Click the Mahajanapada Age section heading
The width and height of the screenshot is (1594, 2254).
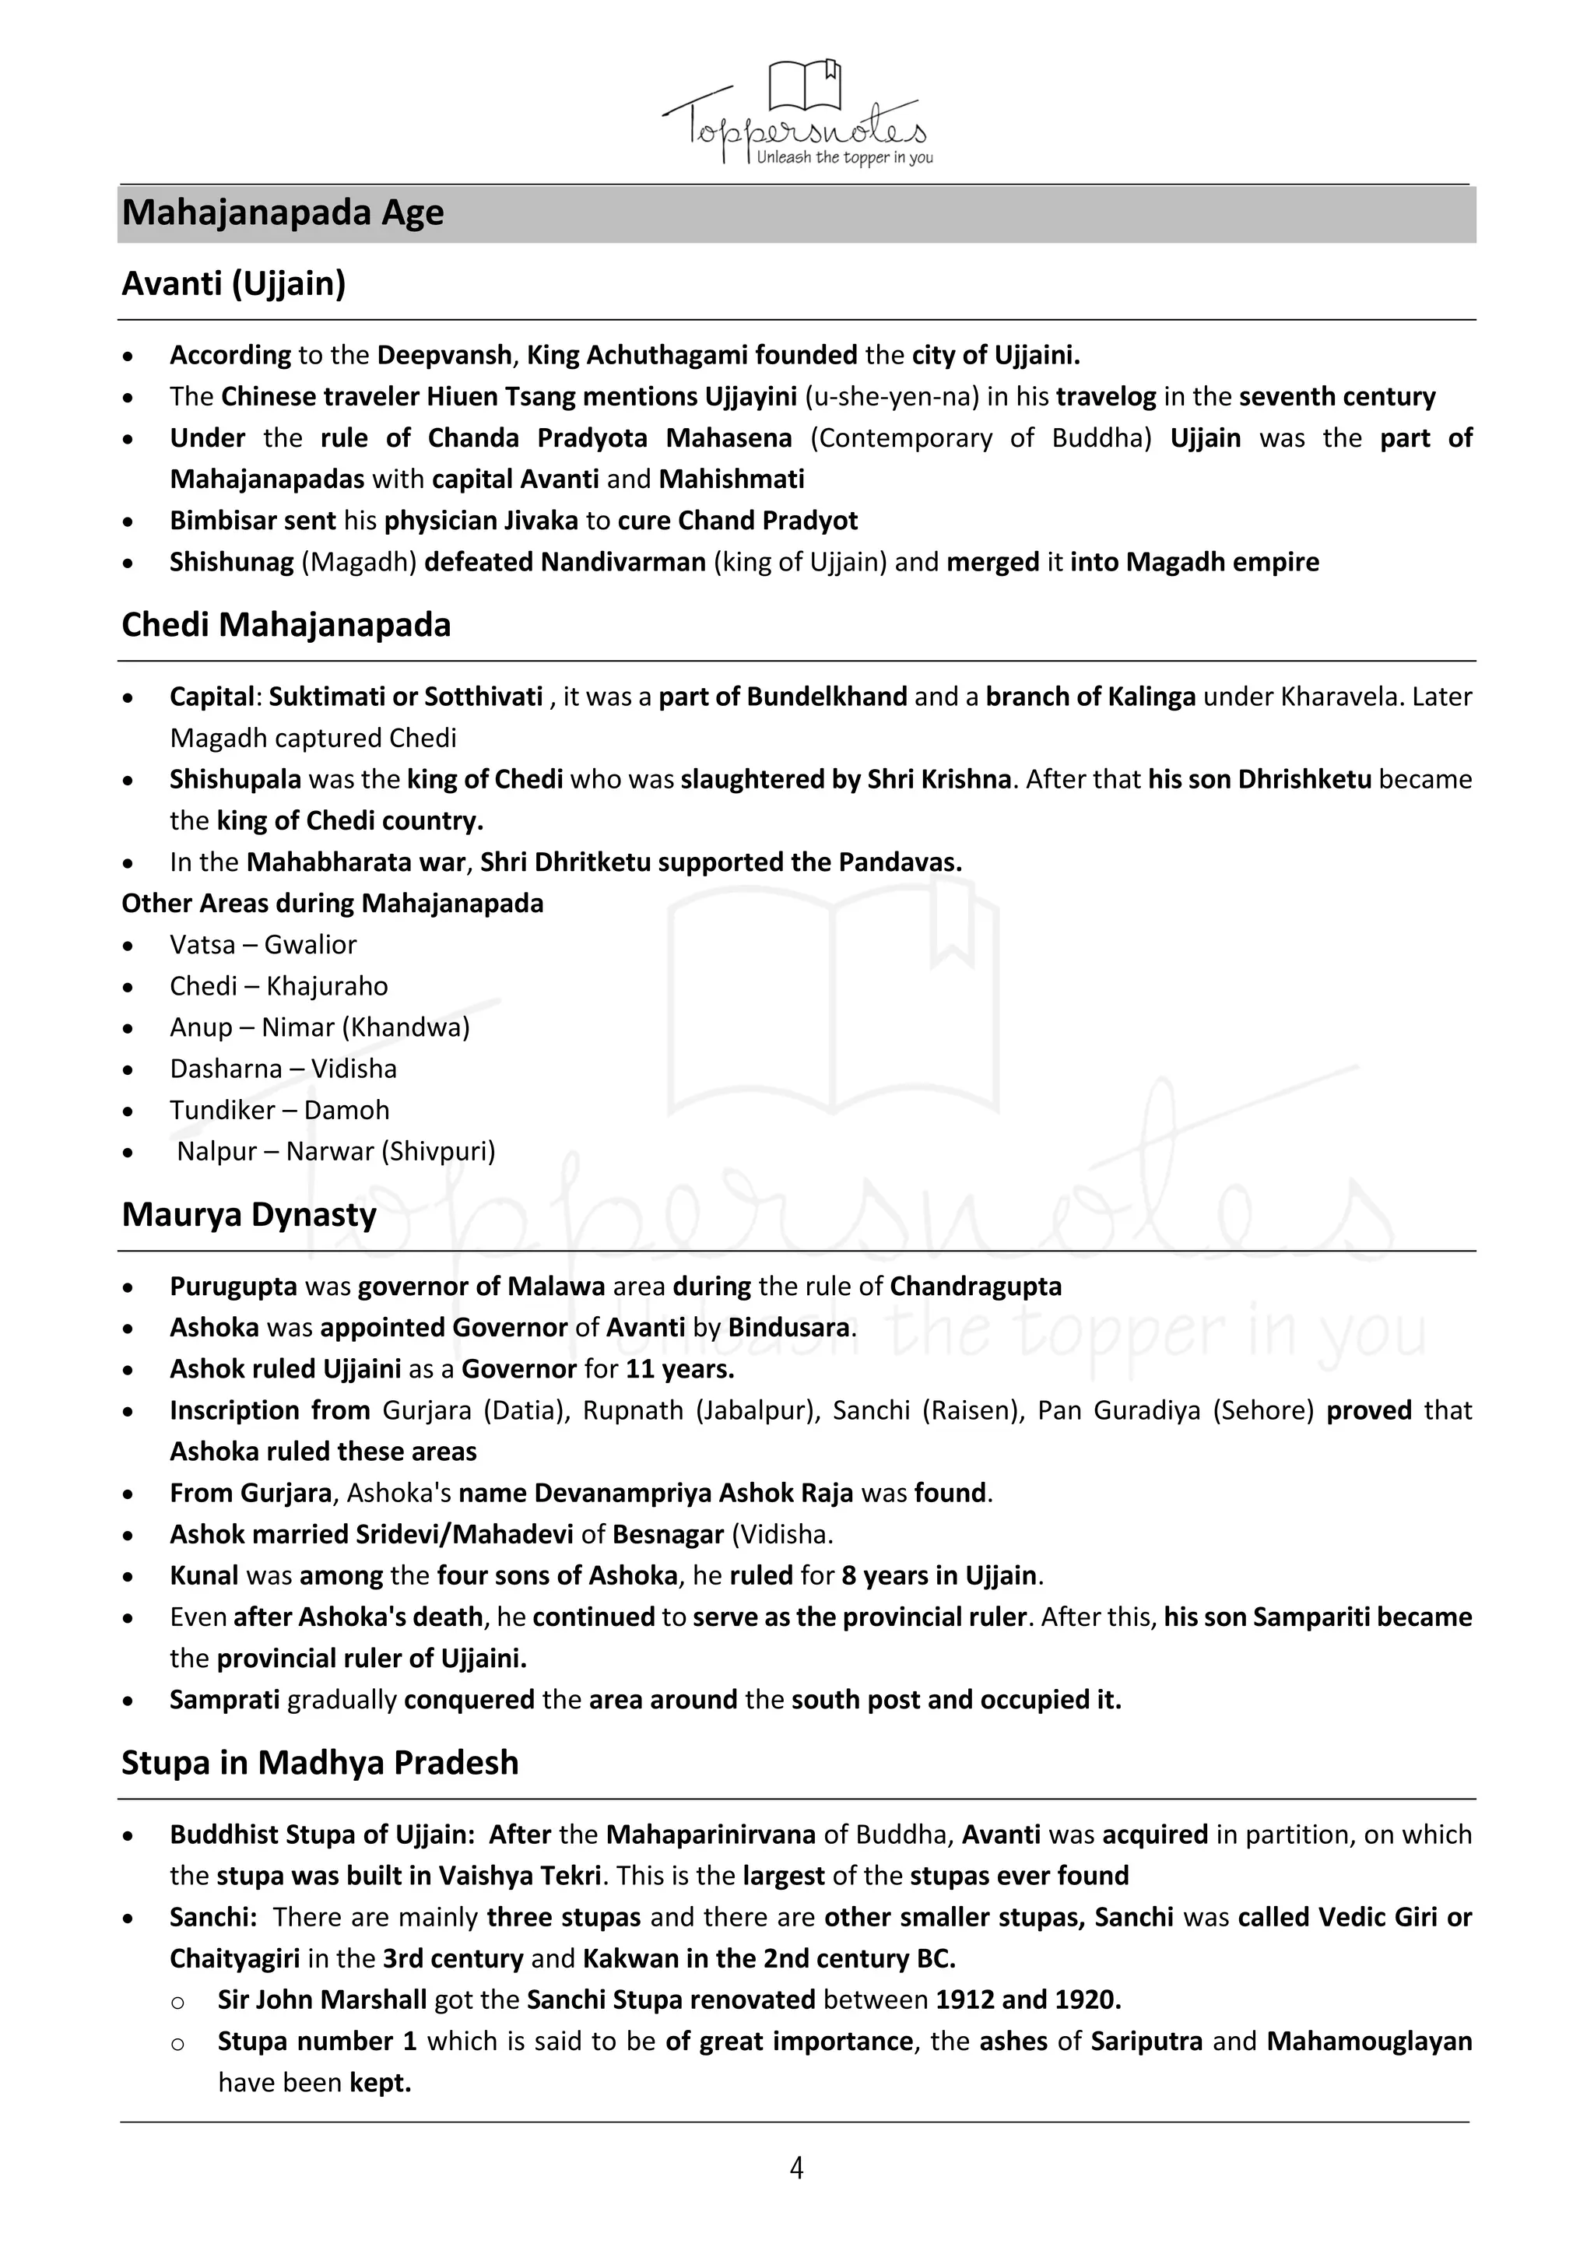283,213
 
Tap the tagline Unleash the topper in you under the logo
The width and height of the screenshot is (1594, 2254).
844,158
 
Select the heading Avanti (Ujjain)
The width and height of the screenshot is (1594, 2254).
233,284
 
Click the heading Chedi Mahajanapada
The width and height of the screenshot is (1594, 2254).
286,624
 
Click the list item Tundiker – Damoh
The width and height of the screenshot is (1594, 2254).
279,1111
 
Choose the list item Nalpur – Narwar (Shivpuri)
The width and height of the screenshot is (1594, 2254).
335,1152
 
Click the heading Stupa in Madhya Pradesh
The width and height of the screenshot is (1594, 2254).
320,1762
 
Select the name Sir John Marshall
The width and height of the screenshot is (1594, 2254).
322,1999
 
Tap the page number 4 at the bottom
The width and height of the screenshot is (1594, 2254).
796,2168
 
